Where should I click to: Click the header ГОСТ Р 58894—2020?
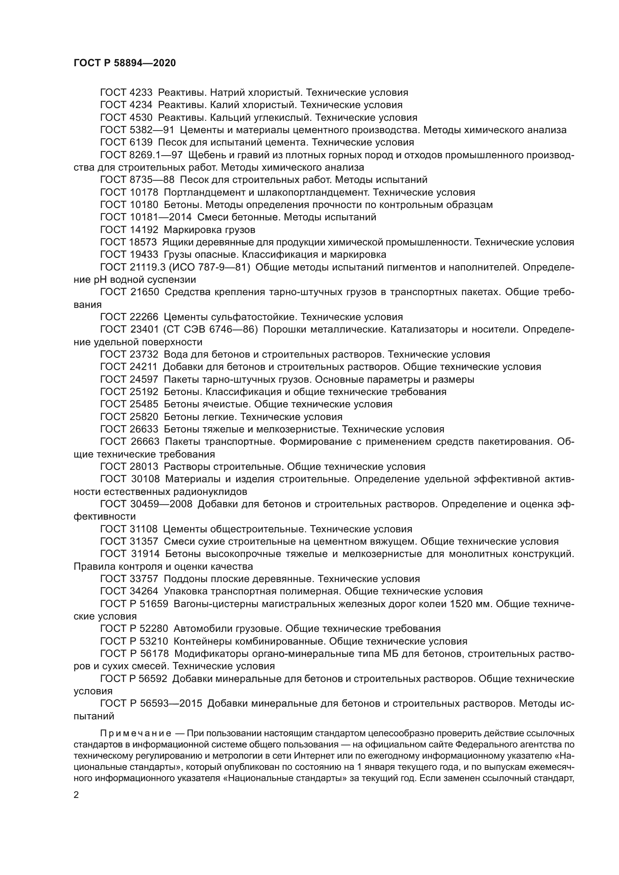[x=125, y=63]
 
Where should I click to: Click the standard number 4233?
[x=140, y=93]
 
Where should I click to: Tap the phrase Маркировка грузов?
[x=210, y=230]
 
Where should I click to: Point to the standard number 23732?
[x=143, y=354]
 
